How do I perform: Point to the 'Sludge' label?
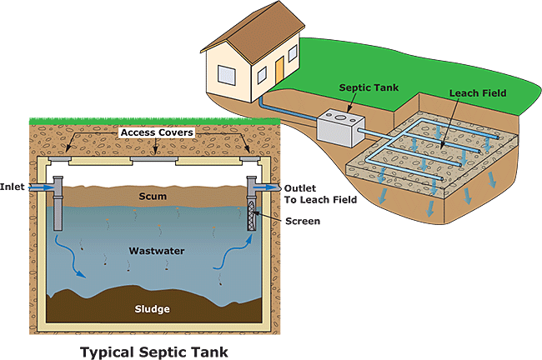[153, 309]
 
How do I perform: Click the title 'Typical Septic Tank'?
[154, 352]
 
